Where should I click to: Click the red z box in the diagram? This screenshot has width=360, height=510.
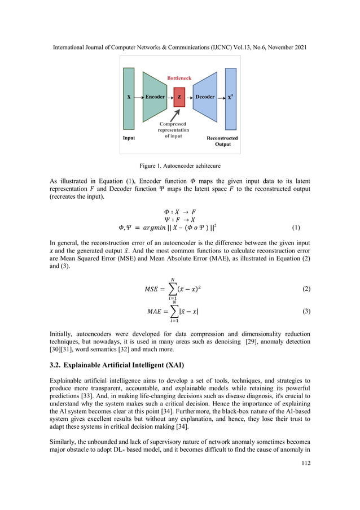click(179, 97)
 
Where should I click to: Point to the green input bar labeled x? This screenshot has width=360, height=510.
click(129, 99)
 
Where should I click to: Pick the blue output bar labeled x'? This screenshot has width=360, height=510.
click(230, 99)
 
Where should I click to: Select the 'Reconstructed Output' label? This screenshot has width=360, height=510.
click(222, 141)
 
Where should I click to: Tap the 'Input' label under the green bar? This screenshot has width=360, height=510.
click(129, 138)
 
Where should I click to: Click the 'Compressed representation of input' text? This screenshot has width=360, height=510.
click(173, 130)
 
